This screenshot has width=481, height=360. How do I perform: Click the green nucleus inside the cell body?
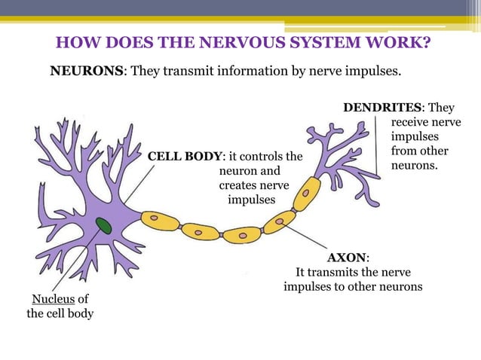click(103, 225)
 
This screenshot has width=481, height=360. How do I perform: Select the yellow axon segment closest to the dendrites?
click(306, 194)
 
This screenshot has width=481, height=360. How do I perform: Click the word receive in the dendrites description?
click(412, 121)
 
